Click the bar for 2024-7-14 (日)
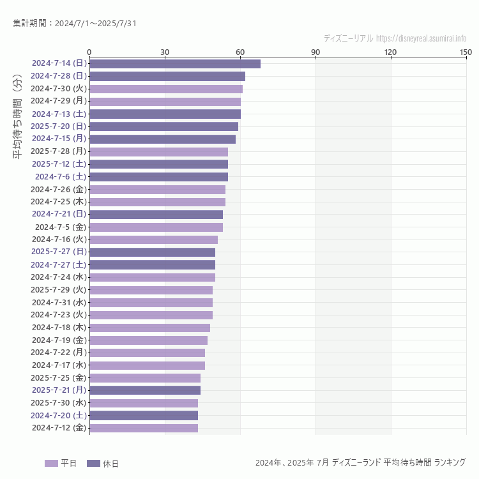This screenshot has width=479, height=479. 174,63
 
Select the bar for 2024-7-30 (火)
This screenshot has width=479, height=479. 165,89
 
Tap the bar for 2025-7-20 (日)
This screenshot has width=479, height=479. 163,126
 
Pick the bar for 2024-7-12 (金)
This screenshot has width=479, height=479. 143,428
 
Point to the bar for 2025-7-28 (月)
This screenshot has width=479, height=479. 158,151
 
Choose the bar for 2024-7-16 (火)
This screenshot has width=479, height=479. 153,240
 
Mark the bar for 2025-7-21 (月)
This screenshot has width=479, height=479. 144,390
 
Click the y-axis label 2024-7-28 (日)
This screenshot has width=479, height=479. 59,76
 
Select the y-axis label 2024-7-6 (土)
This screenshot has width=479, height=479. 61,176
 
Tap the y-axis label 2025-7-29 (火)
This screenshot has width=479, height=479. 59,289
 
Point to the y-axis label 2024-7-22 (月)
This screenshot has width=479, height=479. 59,353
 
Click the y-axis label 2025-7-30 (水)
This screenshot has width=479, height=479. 59,403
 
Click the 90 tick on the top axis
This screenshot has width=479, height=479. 316,52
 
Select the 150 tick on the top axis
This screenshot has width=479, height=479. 466,52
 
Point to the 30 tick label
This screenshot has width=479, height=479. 165,52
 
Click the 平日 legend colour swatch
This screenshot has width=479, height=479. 51,463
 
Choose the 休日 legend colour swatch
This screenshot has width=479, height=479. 93,463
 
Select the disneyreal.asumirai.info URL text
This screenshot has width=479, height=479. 421,38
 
